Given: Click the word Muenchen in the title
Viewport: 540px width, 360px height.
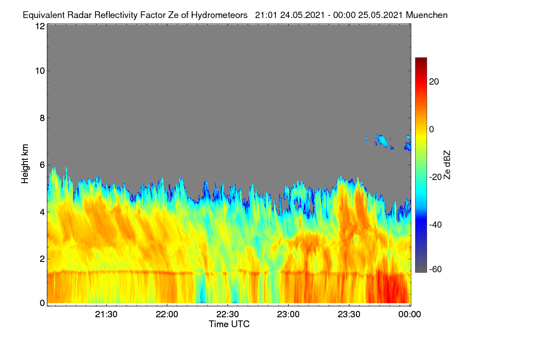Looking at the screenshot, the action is [x=427, y=15].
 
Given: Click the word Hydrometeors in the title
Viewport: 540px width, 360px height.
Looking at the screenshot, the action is [x=219, y=15].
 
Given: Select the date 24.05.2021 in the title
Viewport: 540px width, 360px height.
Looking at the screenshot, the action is [x=302, y=15].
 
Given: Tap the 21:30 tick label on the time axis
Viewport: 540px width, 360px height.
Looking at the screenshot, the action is [x=106, y=314].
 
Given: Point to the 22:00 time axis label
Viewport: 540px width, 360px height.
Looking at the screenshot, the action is [x=167, y=314].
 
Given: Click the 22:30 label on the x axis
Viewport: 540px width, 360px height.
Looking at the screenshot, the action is [x=227, y=314].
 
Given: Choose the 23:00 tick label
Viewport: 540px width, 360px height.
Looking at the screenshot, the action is [x=288, y=314].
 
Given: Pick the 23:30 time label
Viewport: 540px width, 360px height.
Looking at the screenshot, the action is [x=349, y=314].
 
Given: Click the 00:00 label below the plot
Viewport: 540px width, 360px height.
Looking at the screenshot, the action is [x=409, y=314].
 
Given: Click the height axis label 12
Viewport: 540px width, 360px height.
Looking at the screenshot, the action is [x=40, y=26].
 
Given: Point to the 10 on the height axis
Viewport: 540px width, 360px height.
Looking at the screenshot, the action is [x=40, y=71].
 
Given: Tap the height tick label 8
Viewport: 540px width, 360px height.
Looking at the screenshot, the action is [x=42, y=118].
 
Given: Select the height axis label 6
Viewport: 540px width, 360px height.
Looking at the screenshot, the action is [x=42, y=165].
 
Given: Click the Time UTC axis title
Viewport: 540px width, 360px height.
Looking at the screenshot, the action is [x=229, y=324].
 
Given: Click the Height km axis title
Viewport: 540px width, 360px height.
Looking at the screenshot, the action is [x=25, y=164].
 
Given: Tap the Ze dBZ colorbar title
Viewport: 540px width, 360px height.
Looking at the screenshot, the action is [x=447, y=165].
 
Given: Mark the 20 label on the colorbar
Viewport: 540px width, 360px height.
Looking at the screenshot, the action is [x=434, y=82].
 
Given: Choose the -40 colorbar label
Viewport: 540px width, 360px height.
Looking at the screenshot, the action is [x=436, y=225].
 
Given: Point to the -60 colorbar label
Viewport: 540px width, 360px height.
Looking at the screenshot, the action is [x=436, y=270].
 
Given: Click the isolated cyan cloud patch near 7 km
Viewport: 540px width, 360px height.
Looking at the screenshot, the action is [x=382, y=140].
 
